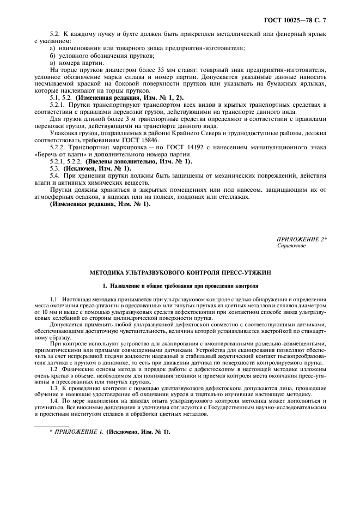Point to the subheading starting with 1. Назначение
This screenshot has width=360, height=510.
[180, 286]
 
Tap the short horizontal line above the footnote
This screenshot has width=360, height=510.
[52, 427]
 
